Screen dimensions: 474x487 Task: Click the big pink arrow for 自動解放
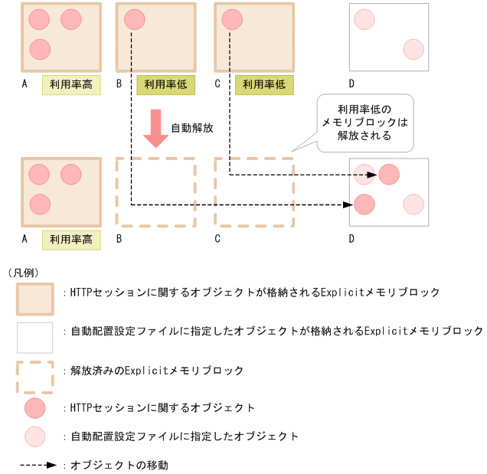[156, 127]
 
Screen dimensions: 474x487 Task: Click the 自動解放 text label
[191, 128]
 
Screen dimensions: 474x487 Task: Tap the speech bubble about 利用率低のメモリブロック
[364, 123]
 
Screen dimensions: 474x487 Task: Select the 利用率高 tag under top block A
[71, 85]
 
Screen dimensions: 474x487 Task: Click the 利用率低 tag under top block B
[165, 85]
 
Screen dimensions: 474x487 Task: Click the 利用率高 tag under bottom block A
[71, 239]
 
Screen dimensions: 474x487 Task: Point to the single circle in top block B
[133, 20]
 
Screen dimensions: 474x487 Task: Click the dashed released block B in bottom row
[156, 192]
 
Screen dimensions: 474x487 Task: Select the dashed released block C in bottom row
[254, 192]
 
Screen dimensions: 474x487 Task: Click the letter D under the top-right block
[351, 85]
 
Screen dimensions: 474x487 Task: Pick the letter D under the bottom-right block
[351, 239]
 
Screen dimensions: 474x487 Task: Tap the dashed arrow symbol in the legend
[38, 464]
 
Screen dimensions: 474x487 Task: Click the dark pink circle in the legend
[35, 407]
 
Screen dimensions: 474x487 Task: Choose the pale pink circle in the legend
[35, 436]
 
